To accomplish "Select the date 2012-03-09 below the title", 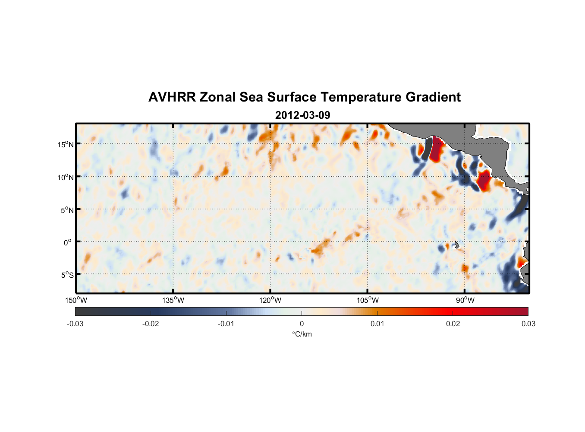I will (302, 115).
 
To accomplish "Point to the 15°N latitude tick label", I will (66, 144).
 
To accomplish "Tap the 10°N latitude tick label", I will (66, 177).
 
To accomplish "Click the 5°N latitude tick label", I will (67, 210).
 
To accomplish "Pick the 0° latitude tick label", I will (68, 242).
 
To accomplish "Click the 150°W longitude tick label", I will (76, 300).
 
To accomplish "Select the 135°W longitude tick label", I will (173, 300).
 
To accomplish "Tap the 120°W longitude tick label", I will (270, 300).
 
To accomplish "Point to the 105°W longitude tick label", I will (368, 300).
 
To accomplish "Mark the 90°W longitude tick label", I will (465, 300).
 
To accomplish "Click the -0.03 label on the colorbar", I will (75, 324).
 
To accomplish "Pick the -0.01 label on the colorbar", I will (226, 324).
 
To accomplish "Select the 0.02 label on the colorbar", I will (453, 324).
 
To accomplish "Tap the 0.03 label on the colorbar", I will (528, 324).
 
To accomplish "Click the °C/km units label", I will (302, 334).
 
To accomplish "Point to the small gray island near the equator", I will (456, 245).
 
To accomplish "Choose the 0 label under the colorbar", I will (302, 324).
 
